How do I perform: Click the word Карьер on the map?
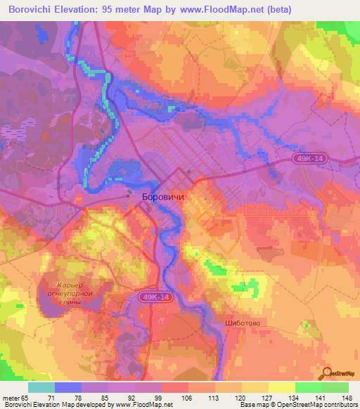click(x=64, y=284)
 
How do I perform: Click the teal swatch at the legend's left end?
click(x=41, y=387)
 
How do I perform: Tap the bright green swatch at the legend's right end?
click(x=335, y=387)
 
